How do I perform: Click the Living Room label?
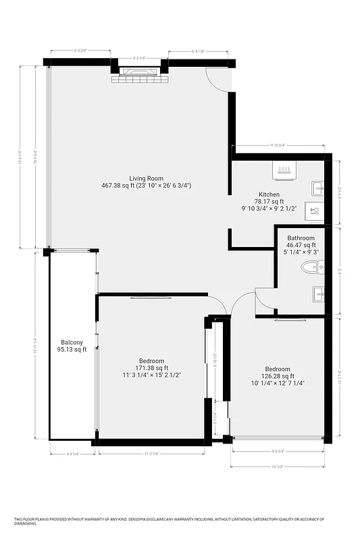point(147,178)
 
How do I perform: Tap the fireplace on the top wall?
point(138,74)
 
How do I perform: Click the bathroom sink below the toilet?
point(317,293)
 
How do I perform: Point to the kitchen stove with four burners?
point(284,170)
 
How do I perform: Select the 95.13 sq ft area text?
point(72,350)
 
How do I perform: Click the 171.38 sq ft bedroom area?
point(152,368)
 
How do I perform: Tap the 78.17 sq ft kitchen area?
point(269,201)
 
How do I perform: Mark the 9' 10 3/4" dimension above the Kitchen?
point(278,145)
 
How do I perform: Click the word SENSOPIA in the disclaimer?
point(151,519)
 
